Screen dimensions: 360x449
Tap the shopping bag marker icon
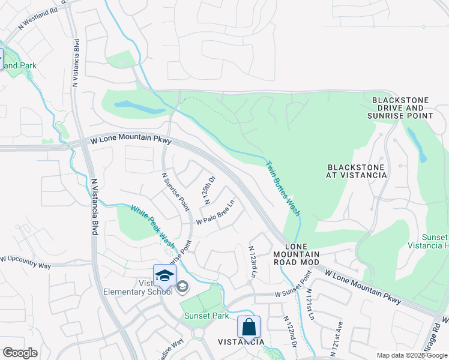(x=249, y=328)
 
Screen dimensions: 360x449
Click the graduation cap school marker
(x=164, y=275)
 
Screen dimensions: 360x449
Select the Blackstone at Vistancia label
(x=357, y=170)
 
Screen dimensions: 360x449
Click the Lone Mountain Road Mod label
(x=294, y=254)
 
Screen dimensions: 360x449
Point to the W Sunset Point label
(x=294, y=287)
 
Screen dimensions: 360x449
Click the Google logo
(x=19, y=353)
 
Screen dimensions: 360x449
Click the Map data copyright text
(x=412, y=355)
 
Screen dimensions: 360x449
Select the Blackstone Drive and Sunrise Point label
(x=402, y=107)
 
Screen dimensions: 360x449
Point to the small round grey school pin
(x=183, y=288)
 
